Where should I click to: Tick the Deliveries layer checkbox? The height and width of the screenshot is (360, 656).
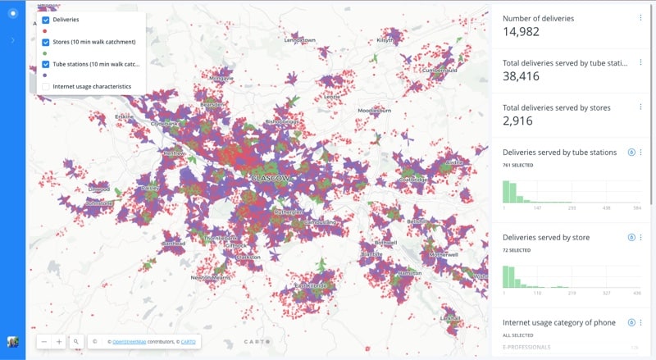tap(46, 20)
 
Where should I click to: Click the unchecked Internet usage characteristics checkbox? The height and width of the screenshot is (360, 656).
tap(46, 86)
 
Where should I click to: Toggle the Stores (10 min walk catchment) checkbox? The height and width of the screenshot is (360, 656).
tap(46, 42)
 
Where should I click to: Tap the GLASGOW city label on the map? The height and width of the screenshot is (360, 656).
tap(271, 178)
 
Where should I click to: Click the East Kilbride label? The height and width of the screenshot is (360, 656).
tap(310, 285)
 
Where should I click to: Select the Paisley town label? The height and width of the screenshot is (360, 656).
tap(150, 188)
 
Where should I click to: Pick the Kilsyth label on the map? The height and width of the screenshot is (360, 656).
tap(385, 39)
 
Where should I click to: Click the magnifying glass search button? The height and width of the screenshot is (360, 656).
tap(75, 341)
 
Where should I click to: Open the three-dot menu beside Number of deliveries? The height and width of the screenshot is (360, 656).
tap(640, 17)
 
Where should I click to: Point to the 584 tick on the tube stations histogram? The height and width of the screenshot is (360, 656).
tap(636, 208)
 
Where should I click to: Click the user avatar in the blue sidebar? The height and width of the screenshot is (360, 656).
tap(12, 341)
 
